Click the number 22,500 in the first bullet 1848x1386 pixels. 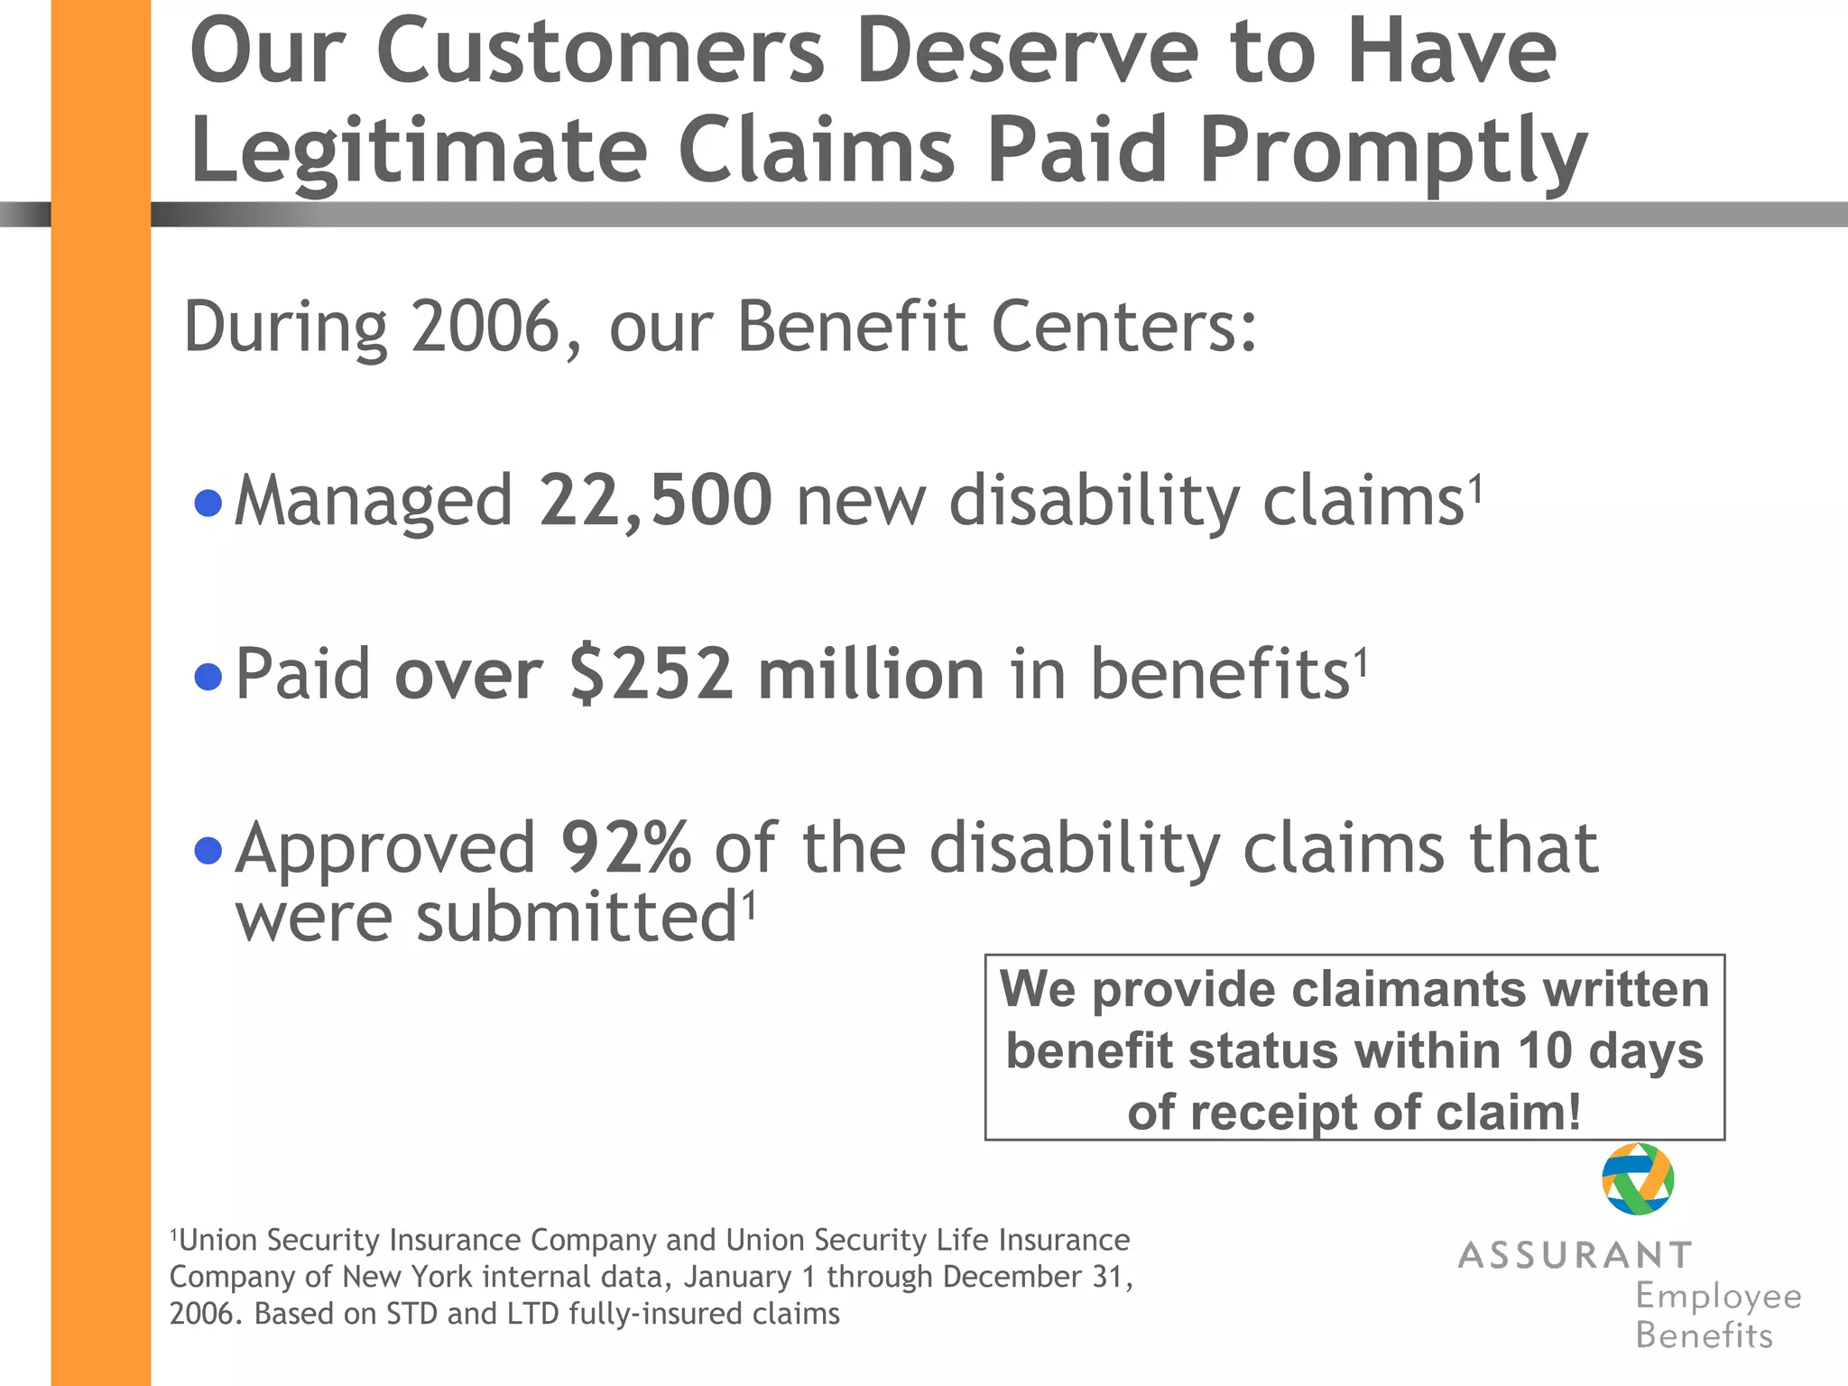(655, 501)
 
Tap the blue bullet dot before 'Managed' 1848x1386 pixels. (208, 503)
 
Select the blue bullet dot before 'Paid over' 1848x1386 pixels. (208, 676)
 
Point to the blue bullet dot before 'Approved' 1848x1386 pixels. (208, 850)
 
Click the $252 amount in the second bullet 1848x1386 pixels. (651, 675)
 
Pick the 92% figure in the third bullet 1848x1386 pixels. (625, 848)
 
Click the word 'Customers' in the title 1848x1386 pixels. (599, 52)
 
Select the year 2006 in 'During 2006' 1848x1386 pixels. (486, 327)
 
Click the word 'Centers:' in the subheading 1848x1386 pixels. (1123, 327)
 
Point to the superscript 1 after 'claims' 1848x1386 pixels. (1475, 491)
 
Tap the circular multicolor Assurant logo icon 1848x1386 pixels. (1638, 1178)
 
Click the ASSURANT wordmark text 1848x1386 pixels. (1575, 1255)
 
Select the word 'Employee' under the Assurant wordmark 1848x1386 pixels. (1718, 1297)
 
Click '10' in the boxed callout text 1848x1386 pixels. (1545, 1051)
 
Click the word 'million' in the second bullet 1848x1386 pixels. (871, 675)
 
